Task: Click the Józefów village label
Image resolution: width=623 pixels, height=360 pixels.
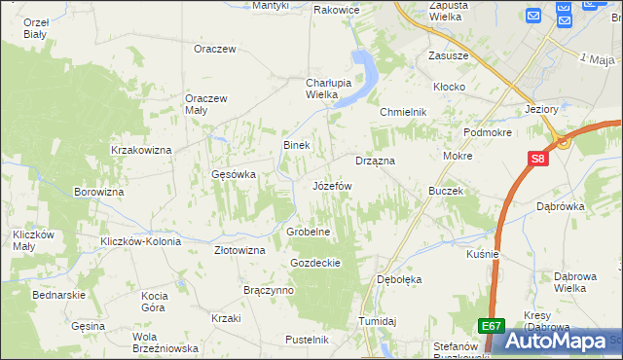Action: click(x=331, y=185)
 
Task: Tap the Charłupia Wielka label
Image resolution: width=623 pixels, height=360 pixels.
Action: click(x=308, y=89)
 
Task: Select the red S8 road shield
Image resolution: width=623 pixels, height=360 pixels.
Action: click(x=538, y=159)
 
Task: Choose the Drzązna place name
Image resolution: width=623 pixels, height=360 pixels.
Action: click(x=374, y=160)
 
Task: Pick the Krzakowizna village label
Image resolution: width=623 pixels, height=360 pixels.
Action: click(x=141, y=150)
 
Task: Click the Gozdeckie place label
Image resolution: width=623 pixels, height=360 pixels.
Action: click(x=314, y=263)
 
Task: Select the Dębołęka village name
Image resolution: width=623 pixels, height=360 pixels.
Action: click(x=399, y=279)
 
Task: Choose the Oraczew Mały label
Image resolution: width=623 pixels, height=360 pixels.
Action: click(x=206, y=104)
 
